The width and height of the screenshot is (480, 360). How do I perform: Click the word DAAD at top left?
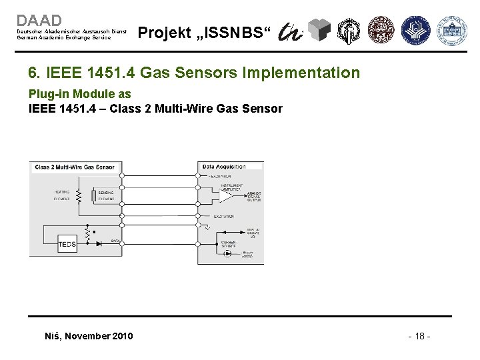[x=39, y=21]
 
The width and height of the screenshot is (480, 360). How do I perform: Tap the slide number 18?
[x=419, y=335]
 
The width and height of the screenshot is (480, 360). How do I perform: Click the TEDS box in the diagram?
[x=67, y=245]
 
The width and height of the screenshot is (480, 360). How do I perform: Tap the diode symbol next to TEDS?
[x=99, y=244]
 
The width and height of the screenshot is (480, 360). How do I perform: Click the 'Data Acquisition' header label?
[x=224, y=167]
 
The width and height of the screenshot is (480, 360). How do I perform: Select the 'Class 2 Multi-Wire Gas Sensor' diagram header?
[x=75, y=167]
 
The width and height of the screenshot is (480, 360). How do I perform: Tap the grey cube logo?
[x=322, y=31]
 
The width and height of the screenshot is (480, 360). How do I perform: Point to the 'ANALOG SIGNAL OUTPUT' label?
[x=253, y=197]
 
